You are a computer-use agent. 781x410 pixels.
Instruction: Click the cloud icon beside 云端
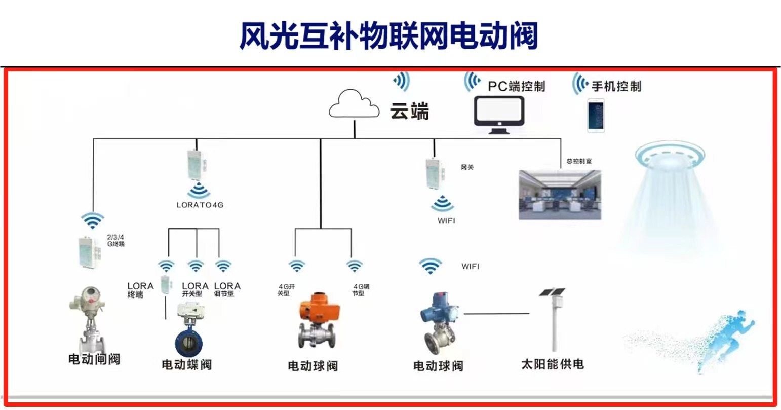click(x=354, y=105)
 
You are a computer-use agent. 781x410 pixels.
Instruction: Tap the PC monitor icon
click(x=498, y=114)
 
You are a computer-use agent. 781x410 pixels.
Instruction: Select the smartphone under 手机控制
click(x=596, y=115)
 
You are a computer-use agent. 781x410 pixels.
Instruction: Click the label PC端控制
click(x=516, y=86)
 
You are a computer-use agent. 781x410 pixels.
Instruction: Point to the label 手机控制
click(x=616, y=86)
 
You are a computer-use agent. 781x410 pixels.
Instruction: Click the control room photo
click(x=560, y=195)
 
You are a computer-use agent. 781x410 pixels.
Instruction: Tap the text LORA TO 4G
click(x=200, y=205)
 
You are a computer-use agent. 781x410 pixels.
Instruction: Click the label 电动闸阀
click(x=94, y=359)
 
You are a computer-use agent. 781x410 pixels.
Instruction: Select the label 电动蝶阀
click(x=186, y=364)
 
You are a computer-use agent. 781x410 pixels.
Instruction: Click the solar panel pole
click(x=555, y=324)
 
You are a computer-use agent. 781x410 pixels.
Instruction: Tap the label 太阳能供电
click(x=552, y=364)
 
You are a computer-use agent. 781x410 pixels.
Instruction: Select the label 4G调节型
click(x=361, y=290)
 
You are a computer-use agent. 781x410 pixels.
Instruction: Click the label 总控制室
click(x=578, y=161)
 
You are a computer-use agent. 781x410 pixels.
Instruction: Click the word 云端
click(x=409, y=111)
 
